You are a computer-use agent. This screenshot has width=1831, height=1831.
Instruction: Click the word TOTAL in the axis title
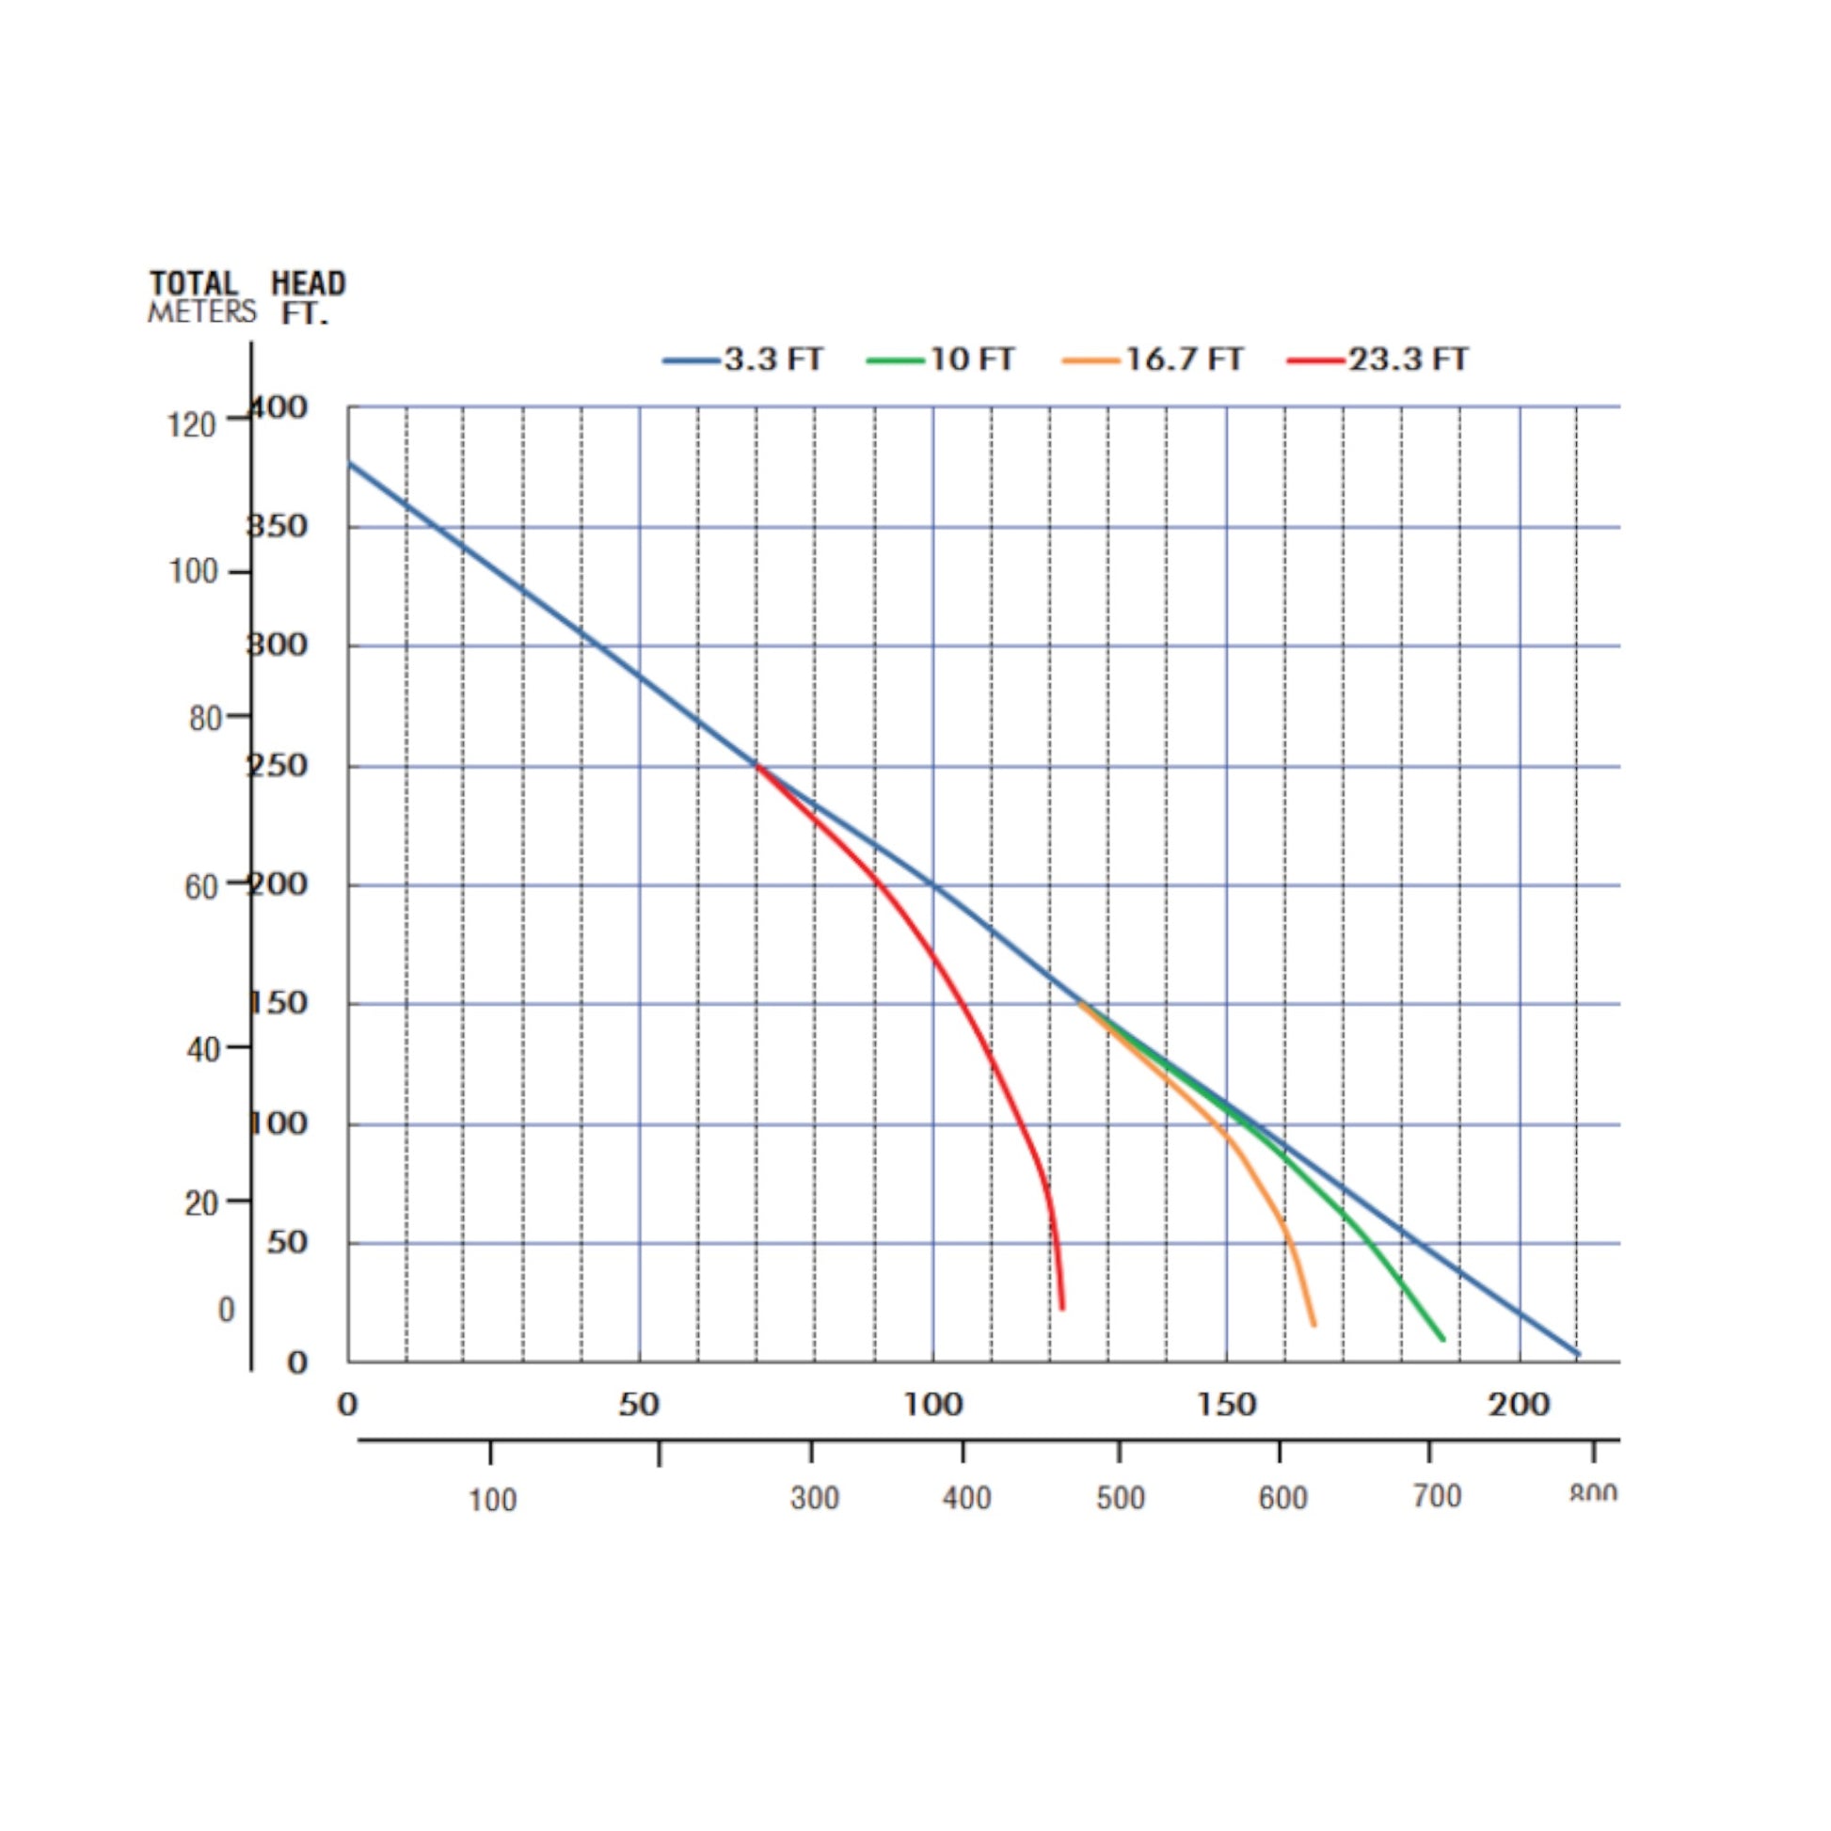coord(193,283)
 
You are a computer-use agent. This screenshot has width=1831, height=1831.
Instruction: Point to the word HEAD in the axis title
coord(308,283)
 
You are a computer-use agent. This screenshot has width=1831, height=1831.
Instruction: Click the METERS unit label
coord(201,311)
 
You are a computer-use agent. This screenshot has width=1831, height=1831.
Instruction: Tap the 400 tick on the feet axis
coord(279,407)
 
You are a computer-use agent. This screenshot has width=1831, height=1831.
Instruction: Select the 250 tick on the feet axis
coord(279,765)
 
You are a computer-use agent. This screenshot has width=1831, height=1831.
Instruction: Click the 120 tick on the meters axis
coord(191,425)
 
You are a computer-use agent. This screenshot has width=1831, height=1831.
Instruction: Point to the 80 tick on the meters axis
coord(205,718)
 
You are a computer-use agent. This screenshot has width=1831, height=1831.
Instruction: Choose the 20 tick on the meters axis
coord(203,1203)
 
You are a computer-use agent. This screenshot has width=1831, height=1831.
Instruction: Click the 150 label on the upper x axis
coord(1226,1405)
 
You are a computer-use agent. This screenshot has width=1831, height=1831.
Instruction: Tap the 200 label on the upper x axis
coord(1519,1405)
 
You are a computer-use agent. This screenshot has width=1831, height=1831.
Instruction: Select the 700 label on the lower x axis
coord(1437,1496)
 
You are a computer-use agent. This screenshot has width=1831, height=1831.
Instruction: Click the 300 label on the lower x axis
coord(814,1498)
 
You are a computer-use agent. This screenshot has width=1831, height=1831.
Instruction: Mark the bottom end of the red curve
coord(1062,1309)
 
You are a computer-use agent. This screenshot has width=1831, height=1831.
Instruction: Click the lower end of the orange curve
coord(1314,1325)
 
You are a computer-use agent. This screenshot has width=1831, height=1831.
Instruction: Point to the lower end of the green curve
coord(1443,1339)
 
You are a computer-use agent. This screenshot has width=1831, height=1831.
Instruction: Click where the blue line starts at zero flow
coord(349,464)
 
